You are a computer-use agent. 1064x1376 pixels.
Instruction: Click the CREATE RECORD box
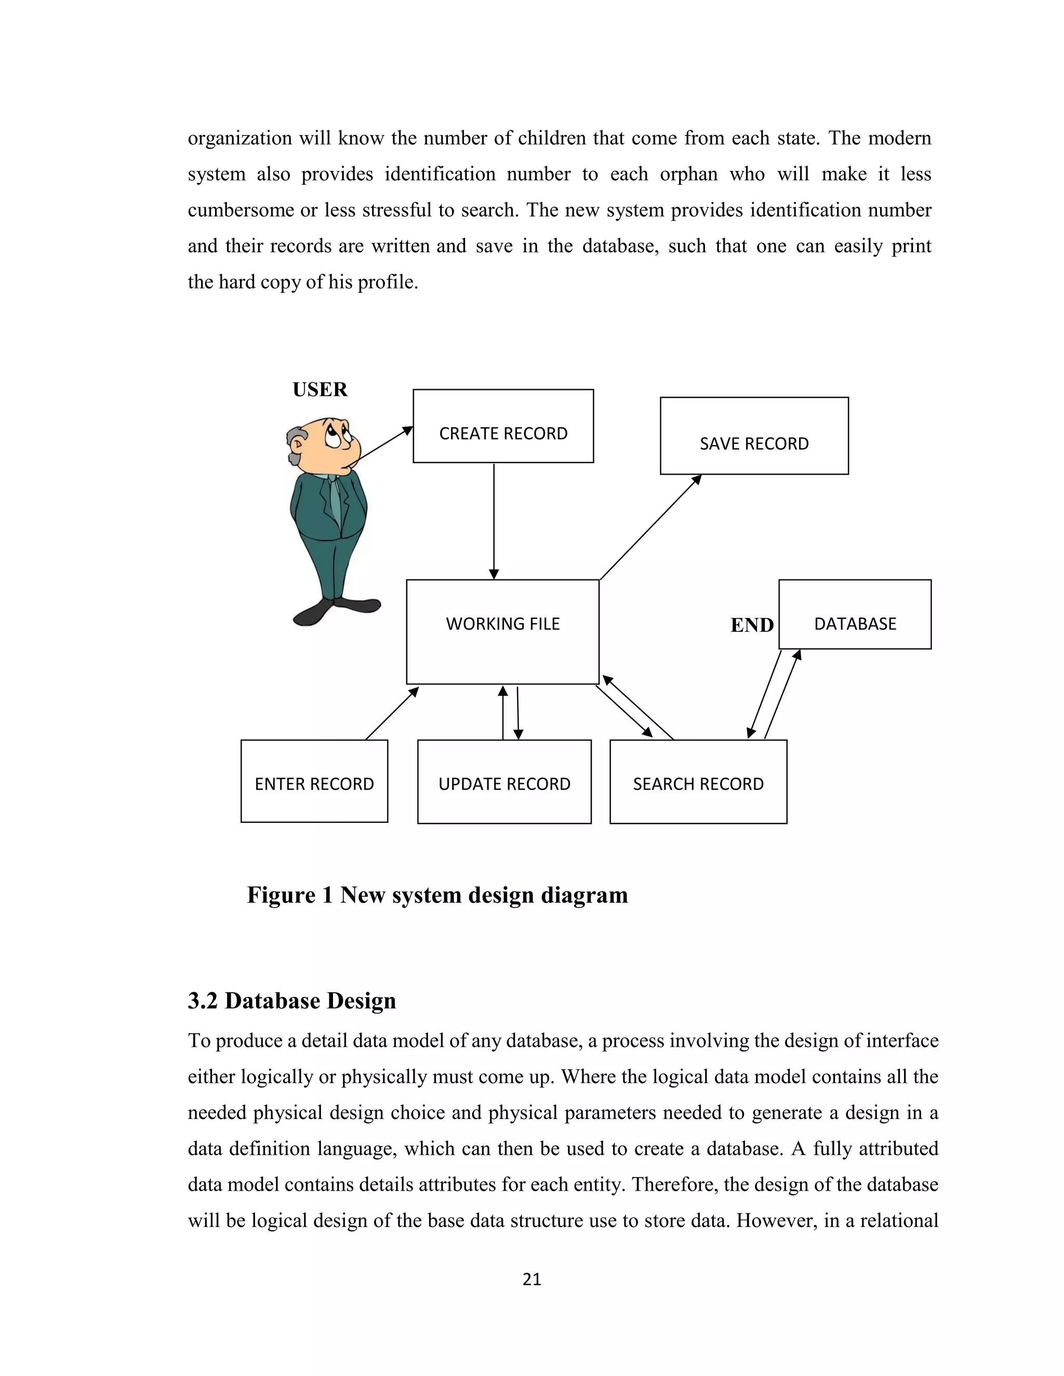pyautogui.click(x=503, y=426)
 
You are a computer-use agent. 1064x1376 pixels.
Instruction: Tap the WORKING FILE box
pyautogui.click(x=502, y=631)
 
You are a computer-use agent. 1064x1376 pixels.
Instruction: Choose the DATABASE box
pyautogui.click(x=855, y=614)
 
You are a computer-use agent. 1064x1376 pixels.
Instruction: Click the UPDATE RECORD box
pyautogui.click(x=504, y=781)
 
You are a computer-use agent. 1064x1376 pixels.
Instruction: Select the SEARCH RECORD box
pyautogui.click(x=698, y=781)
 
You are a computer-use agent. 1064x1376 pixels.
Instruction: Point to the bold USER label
pyautogui.click(x=320, y=390)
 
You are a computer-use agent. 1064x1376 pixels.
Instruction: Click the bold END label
pyautogui.click(x=751, y=625)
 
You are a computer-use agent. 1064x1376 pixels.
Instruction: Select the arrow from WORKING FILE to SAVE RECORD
pyautogui.click(x=650, y=527)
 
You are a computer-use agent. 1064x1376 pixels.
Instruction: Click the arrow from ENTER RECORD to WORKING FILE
pyautogui.click(x=391, y=713)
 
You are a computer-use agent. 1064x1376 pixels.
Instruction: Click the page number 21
pyautogui.click(x=531, y=1279)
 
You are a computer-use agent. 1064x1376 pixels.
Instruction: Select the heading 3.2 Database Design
pyautogui.click(x=292, y=1001)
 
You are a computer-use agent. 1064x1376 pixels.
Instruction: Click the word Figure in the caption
pyautogui.click(x=281, y=895)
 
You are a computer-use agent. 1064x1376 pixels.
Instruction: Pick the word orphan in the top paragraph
pyautogui.click(x=688, y=174)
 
